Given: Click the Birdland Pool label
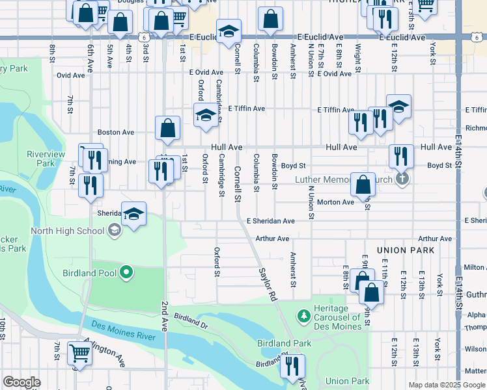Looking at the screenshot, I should pyautogui.click(x=89, y=273).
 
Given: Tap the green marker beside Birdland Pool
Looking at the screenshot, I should pyautogui.click(x=126, y=273).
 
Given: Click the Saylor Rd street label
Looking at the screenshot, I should pyautogui.click(x=267, y=285).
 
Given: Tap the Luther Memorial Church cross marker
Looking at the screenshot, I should pyautogui.click(x=402, y=179).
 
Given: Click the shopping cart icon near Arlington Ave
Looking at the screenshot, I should pyautogui.click(x=79, y=354).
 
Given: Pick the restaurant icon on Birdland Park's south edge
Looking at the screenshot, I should pyautogui.click(x=292, y=366).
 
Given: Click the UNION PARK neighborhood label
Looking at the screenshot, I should pyautogui.click(x=405, y=250).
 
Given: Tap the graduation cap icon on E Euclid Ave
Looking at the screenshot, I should pyautogui.click(x=229, y=32).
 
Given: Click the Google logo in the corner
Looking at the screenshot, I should pyautogui.click(x=21, y=382).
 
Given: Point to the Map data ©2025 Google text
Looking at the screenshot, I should pyautogui.click(x=446, y=385).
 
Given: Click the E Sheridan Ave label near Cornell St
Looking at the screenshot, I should pyautogui.click(x=271, y=221).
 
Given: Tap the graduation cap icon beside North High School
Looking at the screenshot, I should pyautogui.click(x=133, y=214).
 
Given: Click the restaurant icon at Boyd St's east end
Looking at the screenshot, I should pyautogui.click(x=401, y=156).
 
